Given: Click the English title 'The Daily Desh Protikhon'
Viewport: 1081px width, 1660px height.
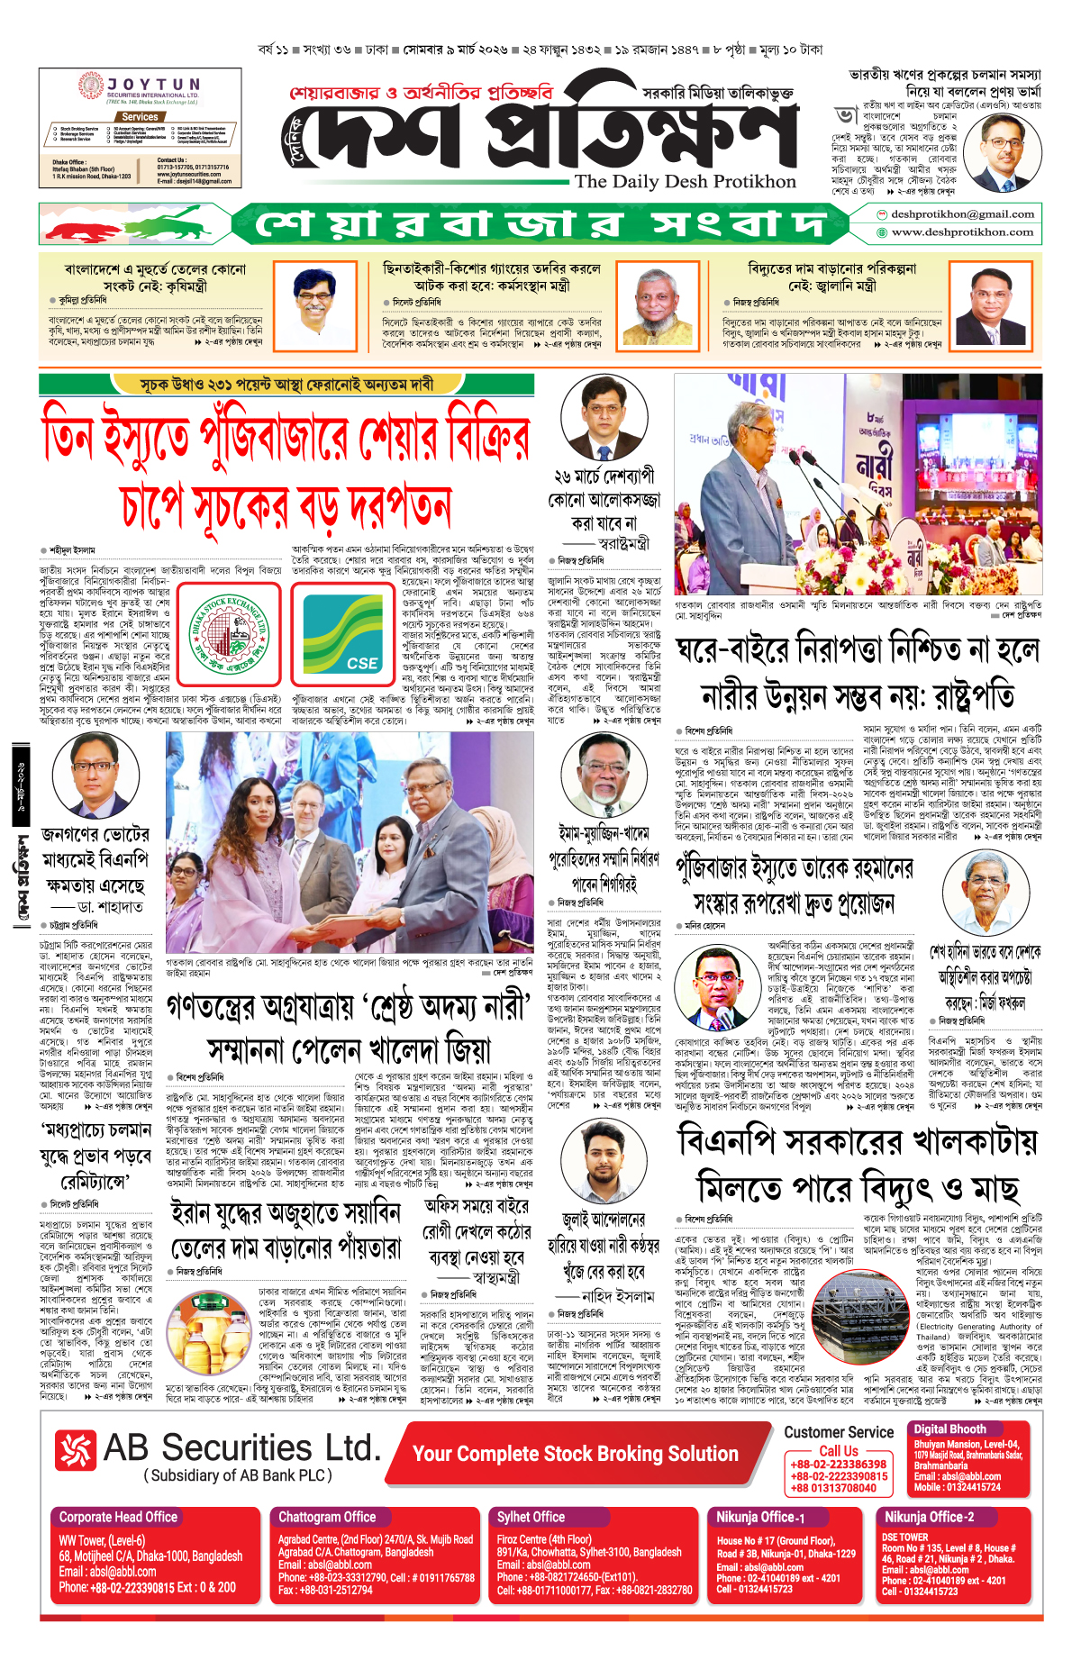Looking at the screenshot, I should [x=686, y=182].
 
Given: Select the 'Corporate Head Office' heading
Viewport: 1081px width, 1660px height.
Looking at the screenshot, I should [x=118, y=1517].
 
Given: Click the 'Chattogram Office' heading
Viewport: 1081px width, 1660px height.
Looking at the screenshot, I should [x=327, y=1517].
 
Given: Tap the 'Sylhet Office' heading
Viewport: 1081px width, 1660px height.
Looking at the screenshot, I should [x=531, y=1517].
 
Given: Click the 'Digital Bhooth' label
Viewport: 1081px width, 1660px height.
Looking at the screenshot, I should [x=949, y=1429].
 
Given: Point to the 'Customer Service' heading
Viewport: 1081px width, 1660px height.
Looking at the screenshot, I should [x=839, y=1432].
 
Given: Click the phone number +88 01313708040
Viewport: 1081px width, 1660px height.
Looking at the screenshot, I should [x=833, y=1488].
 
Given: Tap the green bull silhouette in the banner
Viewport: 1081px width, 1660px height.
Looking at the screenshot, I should [x=180, y=222].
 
